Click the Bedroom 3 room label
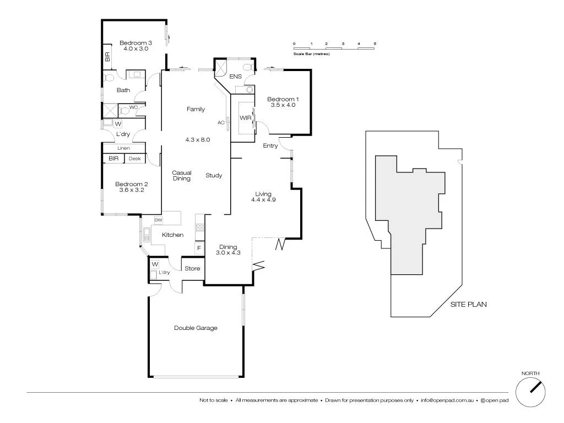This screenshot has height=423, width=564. click(135, 43)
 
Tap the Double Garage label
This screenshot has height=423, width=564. click(196, 328)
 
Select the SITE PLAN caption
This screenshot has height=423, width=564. click(468, 304)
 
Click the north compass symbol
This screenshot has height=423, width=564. click(532, 393)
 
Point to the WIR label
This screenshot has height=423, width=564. click(245, 118)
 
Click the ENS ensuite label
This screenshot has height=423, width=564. click(236, 76)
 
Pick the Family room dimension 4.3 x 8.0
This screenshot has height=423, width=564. click(198, 140)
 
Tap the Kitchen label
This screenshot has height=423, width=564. click(172, 235)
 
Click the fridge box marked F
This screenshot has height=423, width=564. click(198, 249)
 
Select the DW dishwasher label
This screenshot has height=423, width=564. click(158, 220)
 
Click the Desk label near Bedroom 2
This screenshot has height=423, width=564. click(134, 159)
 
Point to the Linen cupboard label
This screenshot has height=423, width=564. click(123, 148)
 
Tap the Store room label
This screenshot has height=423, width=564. click(192, 269)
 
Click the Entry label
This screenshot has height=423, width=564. click(270, 146)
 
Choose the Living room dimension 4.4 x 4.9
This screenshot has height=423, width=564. click(263, 200)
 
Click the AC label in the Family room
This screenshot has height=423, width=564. click(220, 122)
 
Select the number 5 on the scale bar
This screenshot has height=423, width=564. click(375, 43)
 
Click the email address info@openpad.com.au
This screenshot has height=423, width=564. click(447, 400)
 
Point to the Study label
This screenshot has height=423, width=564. click(214, 176)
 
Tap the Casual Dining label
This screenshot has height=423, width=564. click(181, 176)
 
